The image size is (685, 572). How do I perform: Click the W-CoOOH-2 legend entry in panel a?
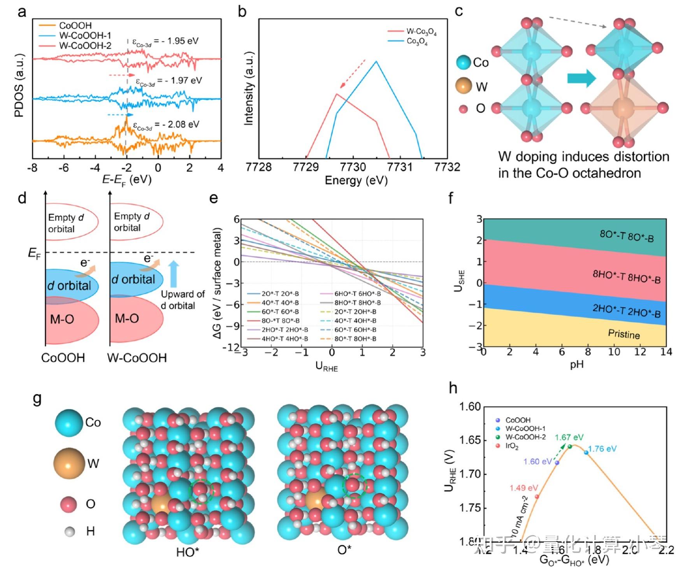point(85,46)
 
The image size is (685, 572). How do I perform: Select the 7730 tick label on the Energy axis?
point(353,167)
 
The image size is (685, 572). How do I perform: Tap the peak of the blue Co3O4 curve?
point(376,61)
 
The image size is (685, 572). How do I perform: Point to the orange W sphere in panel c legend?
point(464,86)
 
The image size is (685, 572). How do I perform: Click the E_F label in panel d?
point(34,253)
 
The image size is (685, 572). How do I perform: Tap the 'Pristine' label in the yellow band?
point(624,334)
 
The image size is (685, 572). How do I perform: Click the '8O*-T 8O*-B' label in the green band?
point(627,236)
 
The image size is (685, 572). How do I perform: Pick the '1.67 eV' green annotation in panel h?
point(569,437)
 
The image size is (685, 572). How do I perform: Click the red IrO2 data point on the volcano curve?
point(537,497)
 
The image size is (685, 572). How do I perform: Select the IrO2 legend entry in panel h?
point(511,446)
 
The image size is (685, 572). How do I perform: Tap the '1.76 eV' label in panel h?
point(602,449)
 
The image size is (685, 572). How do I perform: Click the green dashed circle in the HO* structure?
point(202,491)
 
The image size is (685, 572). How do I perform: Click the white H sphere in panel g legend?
point(70,532)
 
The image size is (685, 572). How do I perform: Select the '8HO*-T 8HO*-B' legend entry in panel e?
point(357,303)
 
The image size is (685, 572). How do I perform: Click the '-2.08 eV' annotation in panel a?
point(166,125)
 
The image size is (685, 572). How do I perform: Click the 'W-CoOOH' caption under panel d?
point(137,358)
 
